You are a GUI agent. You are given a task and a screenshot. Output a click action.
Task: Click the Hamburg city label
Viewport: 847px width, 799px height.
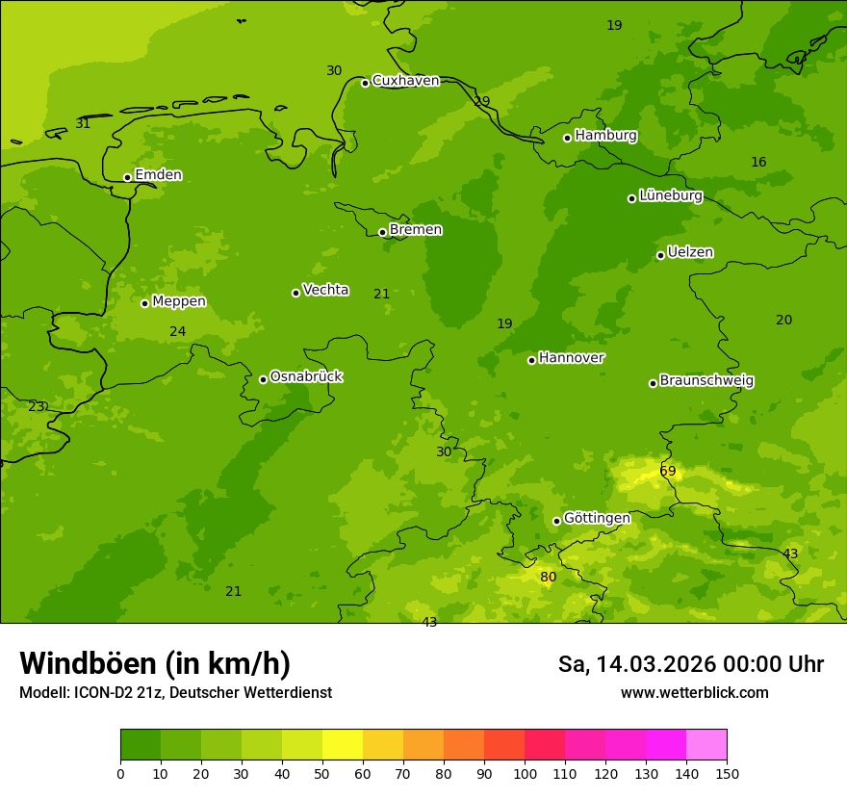point(605,136)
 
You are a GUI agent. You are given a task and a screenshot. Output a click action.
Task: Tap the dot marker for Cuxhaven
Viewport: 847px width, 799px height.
point(365,83)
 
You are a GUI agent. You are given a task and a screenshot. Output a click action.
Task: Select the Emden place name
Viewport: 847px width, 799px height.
point(158,175)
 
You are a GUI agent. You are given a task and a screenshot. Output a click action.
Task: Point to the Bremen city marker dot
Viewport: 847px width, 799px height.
point(382,232)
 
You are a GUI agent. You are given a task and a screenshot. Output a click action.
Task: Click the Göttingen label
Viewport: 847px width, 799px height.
point(597,519)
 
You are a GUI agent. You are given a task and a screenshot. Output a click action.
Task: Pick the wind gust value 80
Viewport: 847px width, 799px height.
point(548,578)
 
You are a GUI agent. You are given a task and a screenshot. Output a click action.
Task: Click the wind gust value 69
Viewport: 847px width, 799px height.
point(667,472)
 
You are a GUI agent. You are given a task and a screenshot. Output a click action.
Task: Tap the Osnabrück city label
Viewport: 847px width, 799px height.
point(306,376)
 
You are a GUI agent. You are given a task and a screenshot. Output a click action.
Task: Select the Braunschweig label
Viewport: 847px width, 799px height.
point(706,381)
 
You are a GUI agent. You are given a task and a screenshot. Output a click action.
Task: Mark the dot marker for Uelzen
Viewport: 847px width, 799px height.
point(660,255)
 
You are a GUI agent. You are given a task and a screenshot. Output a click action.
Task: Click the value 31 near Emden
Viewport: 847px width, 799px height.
point(83,124)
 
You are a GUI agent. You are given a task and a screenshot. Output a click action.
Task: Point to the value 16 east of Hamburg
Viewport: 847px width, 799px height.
point(758,163)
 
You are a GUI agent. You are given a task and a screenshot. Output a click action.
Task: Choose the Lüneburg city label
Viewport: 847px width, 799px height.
point(671,196)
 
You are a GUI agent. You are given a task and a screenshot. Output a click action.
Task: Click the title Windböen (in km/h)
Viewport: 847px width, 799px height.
point(155,663)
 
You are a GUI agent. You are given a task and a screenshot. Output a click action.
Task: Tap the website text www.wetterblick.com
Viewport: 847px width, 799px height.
point(694,693)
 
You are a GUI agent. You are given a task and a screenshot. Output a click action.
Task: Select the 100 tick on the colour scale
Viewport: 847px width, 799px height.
point(525,773)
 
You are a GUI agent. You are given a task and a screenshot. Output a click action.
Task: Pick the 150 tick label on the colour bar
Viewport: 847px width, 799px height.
point(727,773)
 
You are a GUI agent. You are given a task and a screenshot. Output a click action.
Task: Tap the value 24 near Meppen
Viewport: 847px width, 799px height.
point(178,332)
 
